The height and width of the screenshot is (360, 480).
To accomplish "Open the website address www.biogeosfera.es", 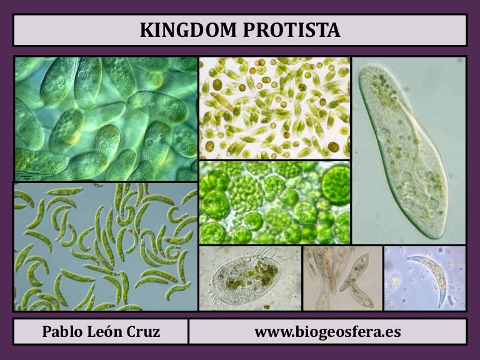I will [x=327, y=332].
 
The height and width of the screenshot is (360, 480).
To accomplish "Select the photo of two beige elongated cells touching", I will [x=342, y=277].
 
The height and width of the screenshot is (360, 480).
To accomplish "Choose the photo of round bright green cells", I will [x=274, y=202].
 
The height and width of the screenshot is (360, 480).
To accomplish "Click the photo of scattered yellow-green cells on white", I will [x=274, y=107].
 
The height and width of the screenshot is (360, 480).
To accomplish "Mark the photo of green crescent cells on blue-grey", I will [x=105, y=247].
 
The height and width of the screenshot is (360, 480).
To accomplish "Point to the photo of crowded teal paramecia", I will [x=106, y=119].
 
